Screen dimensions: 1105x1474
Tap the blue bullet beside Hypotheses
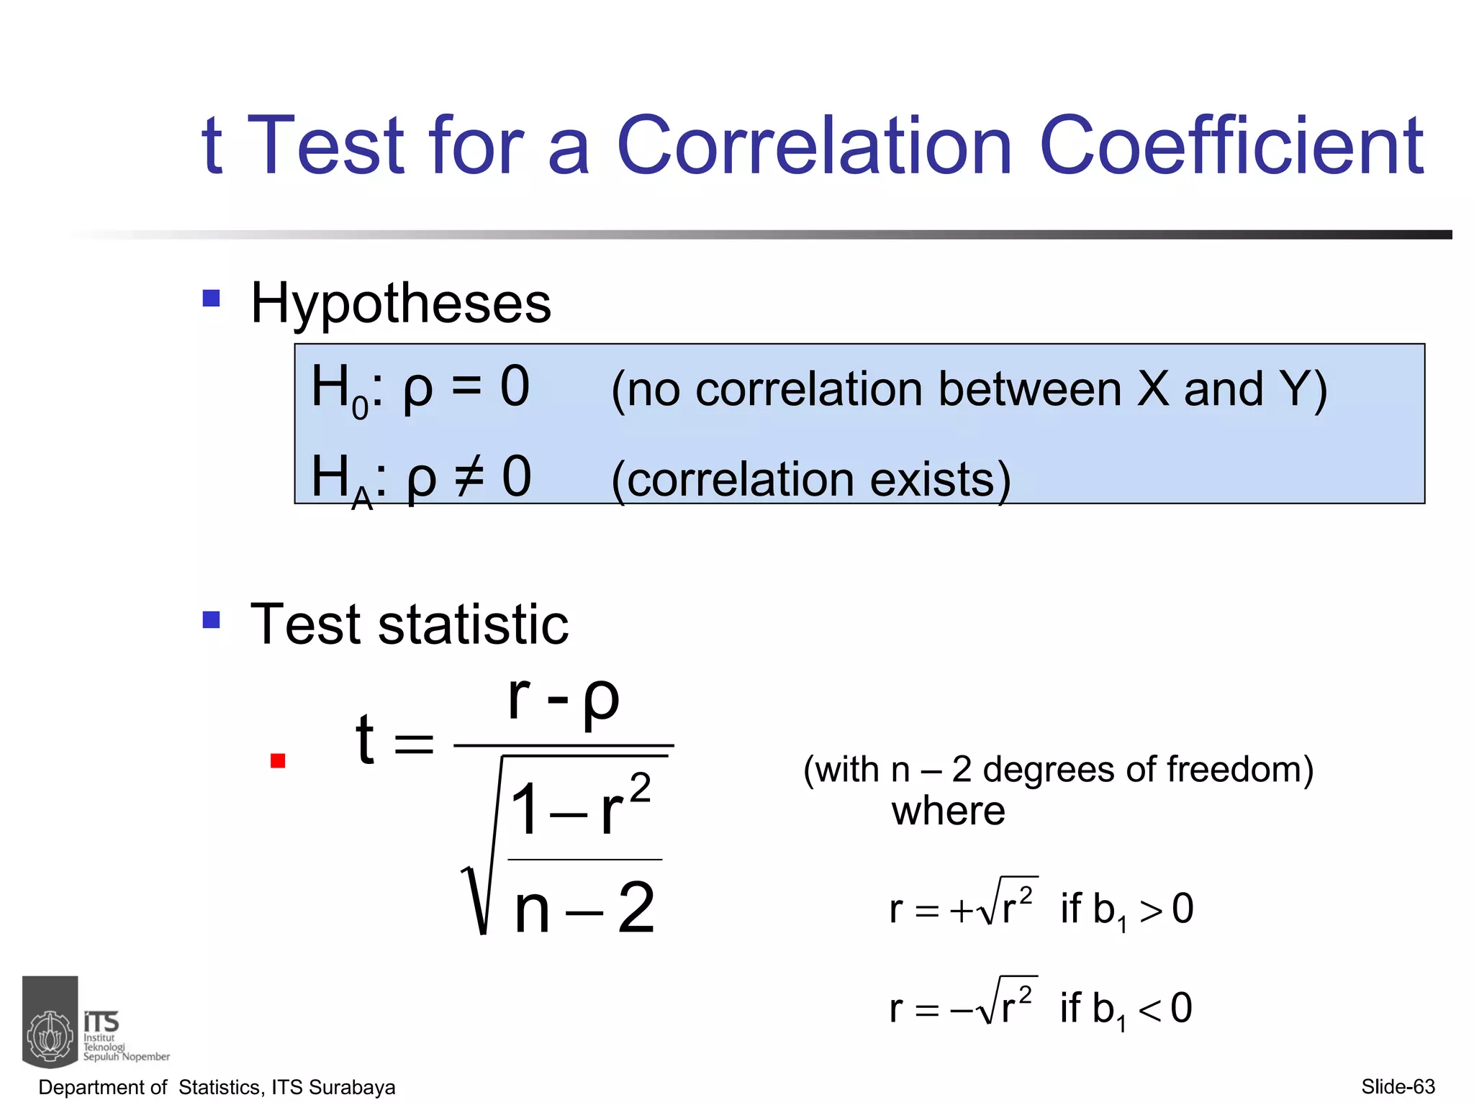pyautogui.click(x=211, y=298)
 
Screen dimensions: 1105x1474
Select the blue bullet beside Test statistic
pyautogui.click(x=211, y=619)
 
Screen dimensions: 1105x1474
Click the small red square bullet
pyautogui.click(x=278, y=760)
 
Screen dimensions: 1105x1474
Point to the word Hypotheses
pyautogui.click(x=400, y=304)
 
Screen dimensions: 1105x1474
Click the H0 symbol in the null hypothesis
pyautogui.click(x=338, y=390)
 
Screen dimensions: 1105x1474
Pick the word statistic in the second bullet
pyautogui.click(x=473, y=624)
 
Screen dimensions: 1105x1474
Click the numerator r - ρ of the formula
pyautogui.click(x=563, y=699)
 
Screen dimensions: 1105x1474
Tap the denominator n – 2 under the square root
pyautogui.click(x=584, y=908)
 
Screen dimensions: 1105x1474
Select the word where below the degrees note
pyautogui.click(x=948, y=811)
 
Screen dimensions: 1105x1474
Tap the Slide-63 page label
pyautogui.click(x=1398, y=1086)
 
